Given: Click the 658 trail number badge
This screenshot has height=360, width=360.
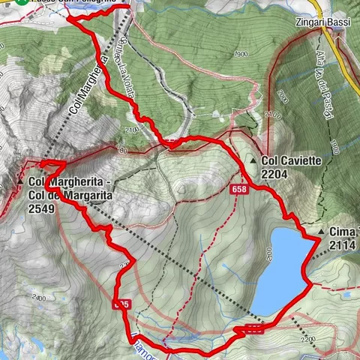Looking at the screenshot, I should point(239,190).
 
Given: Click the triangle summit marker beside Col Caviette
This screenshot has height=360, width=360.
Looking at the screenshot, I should point(254,160).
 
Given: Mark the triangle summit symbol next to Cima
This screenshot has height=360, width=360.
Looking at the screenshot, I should point(320,232).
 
